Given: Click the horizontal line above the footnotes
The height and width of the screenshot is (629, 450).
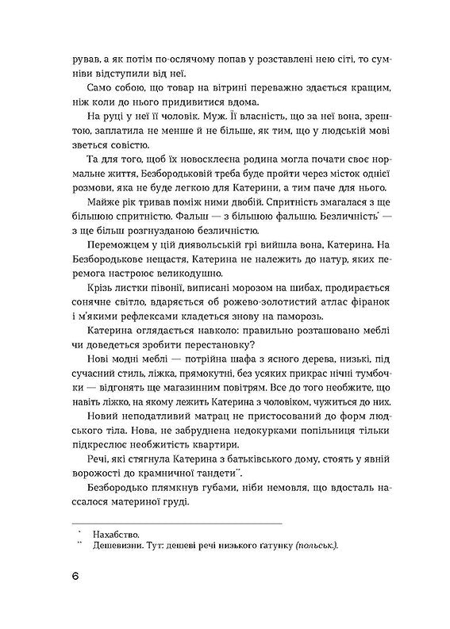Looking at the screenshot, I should pos(176,524).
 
